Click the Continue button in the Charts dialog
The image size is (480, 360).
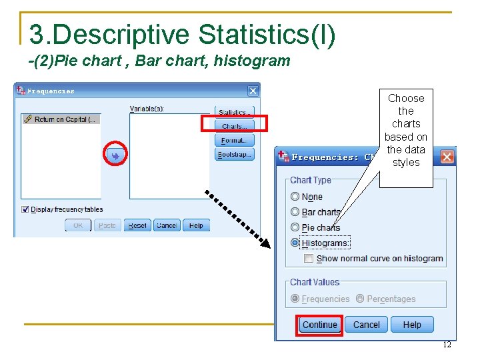point(320,325)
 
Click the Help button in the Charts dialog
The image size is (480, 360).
point(412,325)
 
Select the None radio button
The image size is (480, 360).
point(295,197)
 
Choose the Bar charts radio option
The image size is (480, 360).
point(295,212)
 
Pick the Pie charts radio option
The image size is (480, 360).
point(295,227)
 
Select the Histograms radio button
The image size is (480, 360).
point(295,243)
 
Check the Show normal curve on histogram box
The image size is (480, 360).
point(309,258)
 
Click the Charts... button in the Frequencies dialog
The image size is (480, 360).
point(234,126)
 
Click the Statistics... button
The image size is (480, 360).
point(234,112)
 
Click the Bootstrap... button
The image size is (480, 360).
point(234,154)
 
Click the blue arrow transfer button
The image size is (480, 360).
point(115,156)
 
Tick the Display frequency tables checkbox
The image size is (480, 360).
point(25,209)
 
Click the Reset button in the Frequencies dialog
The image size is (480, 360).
point(137,225)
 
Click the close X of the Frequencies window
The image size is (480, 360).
point(253,91)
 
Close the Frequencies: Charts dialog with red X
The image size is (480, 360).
point(447,157)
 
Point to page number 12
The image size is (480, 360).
point(447,345)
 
